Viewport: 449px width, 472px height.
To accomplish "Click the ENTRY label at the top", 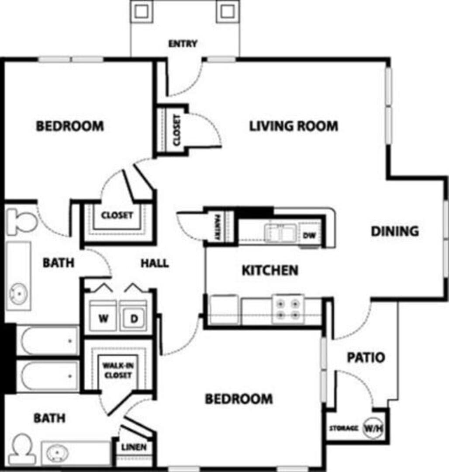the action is pyautogui.click(x=183, y=44).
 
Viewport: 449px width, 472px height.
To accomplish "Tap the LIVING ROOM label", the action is pyautogui.click(x=294, y=126).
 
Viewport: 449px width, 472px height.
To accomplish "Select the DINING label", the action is pyautogui.click(x=395, y=231).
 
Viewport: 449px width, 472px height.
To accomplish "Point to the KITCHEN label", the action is pyautogui.click(x=270, y=271).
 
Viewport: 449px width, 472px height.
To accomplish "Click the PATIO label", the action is pyautogui.click(x=366, y=357).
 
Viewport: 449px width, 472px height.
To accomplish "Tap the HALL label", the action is pyautogui.click(x=155, y=264).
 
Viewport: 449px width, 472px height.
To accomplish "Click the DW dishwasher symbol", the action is pyautogui.click(x=310, y=235).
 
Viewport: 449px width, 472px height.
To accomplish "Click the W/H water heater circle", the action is pyautogui.click(x=373, y=428).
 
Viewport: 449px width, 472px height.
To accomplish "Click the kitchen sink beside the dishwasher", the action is pyautogui.click(x=280, y=233).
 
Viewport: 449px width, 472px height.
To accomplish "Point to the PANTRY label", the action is pyautogui.click(x=218, y=227).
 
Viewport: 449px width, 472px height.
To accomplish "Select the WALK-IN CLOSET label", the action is pyautogui.click(x=118, y=370).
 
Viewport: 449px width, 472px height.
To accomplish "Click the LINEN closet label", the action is pyautogui.click(x=134, y=448).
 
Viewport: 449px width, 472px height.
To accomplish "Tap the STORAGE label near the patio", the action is pyautogui.click(x=344, y=428).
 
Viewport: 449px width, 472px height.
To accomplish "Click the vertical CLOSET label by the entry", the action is pyautogui.click(x=177, y=130).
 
